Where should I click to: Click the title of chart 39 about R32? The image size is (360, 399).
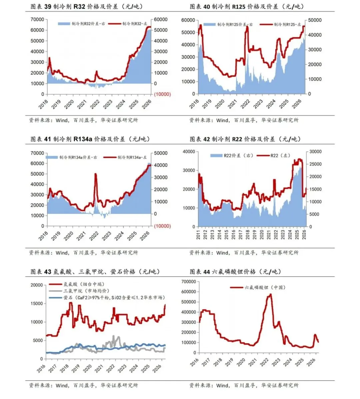point(86,6)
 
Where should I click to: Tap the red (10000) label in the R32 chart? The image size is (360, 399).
point(162,94)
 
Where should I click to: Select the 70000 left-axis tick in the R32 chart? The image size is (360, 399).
point(37,19)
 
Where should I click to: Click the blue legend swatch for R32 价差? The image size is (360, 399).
point(64,24)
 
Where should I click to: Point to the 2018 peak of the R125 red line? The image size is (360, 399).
point(201,25)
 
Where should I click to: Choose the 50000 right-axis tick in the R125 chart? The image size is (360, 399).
point(315,20)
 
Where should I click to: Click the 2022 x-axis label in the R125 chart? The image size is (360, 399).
point(245,103)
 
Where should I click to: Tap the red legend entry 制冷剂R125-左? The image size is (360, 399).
point(280,24)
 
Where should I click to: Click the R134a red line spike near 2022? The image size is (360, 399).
point(96,174)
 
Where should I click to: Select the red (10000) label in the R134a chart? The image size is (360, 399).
point(162,226)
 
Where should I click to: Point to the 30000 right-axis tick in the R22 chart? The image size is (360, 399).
point(315,152)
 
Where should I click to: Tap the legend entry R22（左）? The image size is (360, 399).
point(274,155)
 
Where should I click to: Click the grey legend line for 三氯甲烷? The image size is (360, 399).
point(55,291)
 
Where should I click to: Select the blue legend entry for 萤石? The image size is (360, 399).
point(107,298)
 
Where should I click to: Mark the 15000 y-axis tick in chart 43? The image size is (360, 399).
point(37,304)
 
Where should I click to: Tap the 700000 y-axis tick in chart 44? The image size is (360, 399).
point(189,282)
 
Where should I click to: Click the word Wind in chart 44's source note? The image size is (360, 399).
point(222,385)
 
